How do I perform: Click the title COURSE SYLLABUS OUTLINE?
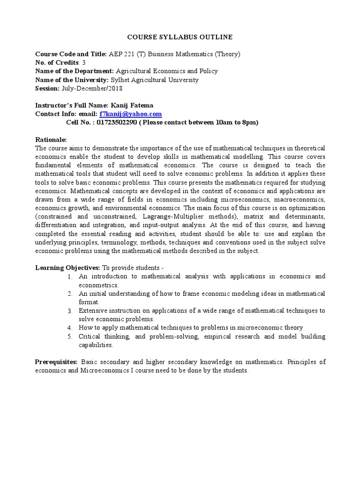[x=180, y=37]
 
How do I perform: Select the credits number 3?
[x=84, y=62]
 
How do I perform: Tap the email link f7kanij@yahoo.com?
[x=131, y=114]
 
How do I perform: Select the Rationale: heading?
[x=51, y=140]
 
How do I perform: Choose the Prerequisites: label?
[x=57, y=362]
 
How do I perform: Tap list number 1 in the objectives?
[x=69, y=277]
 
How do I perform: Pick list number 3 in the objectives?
[x=69, y=311]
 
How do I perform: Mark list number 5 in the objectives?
[x=69, y=337]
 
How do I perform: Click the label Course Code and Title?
[x=71, y=54]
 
